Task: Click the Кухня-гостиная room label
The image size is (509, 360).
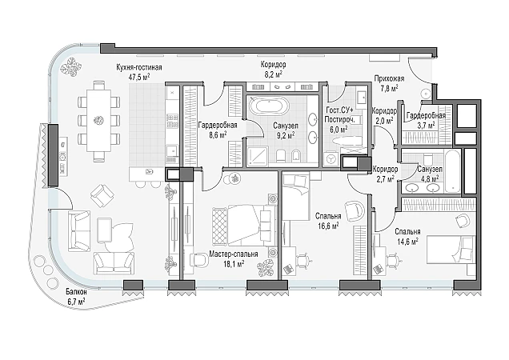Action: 139,67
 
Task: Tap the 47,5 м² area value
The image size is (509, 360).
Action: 139,77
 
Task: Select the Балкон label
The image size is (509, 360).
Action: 76,292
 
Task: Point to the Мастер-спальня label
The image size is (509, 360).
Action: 234,254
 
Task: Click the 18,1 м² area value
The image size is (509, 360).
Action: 234,263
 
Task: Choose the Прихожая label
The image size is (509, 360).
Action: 389,78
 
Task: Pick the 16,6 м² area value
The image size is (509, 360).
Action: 328,226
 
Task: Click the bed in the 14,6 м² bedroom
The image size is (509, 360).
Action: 451,250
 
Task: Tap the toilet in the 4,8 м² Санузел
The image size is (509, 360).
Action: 428,158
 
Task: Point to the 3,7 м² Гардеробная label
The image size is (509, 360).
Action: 426,115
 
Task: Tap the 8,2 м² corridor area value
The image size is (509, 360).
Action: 273,74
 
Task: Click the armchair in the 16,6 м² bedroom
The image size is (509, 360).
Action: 355,211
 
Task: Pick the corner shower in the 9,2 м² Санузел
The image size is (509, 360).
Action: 257,157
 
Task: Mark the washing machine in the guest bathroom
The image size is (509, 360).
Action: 331,160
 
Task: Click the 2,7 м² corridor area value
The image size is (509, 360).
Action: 385,178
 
